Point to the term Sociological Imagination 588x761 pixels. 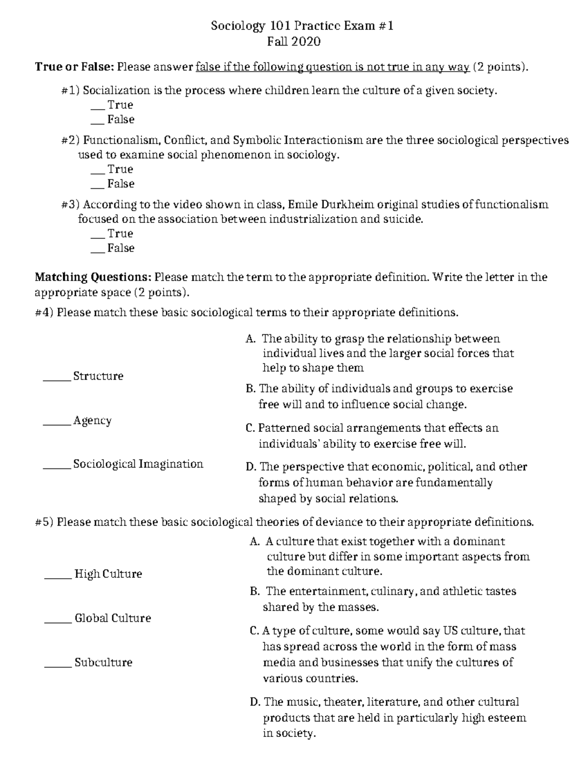(138, 464)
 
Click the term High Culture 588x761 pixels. (108, 574)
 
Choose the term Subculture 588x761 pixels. (103, 663)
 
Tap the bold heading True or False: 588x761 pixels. (74, 67)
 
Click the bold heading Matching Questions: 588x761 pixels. (93, 277)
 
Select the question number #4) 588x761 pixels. (44, 313)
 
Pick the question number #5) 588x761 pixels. (44, 522)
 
